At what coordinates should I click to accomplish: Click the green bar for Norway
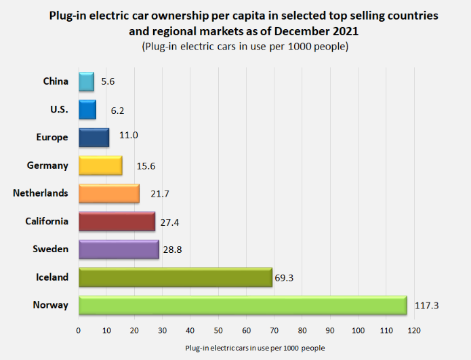point(242,305)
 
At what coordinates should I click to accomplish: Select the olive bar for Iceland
point(175,277)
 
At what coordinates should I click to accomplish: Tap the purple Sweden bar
point(119,249)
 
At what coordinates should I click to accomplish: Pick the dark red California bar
point(117,222)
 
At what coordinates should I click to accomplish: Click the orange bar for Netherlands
point(108,193)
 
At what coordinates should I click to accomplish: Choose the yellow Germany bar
point(100,165)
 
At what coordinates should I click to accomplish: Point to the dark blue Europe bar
point(94,138)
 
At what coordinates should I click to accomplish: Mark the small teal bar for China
point(86,81)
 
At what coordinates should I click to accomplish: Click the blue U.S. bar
point(87,110)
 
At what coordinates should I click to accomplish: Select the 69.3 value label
point(285,277)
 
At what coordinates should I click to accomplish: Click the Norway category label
point(51,305)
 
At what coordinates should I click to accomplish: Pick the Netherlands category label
point(41,193)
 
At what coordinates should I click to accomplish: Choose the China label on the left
point(56,81)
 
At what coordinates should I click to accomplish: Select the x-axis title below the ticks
point(255,348)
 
